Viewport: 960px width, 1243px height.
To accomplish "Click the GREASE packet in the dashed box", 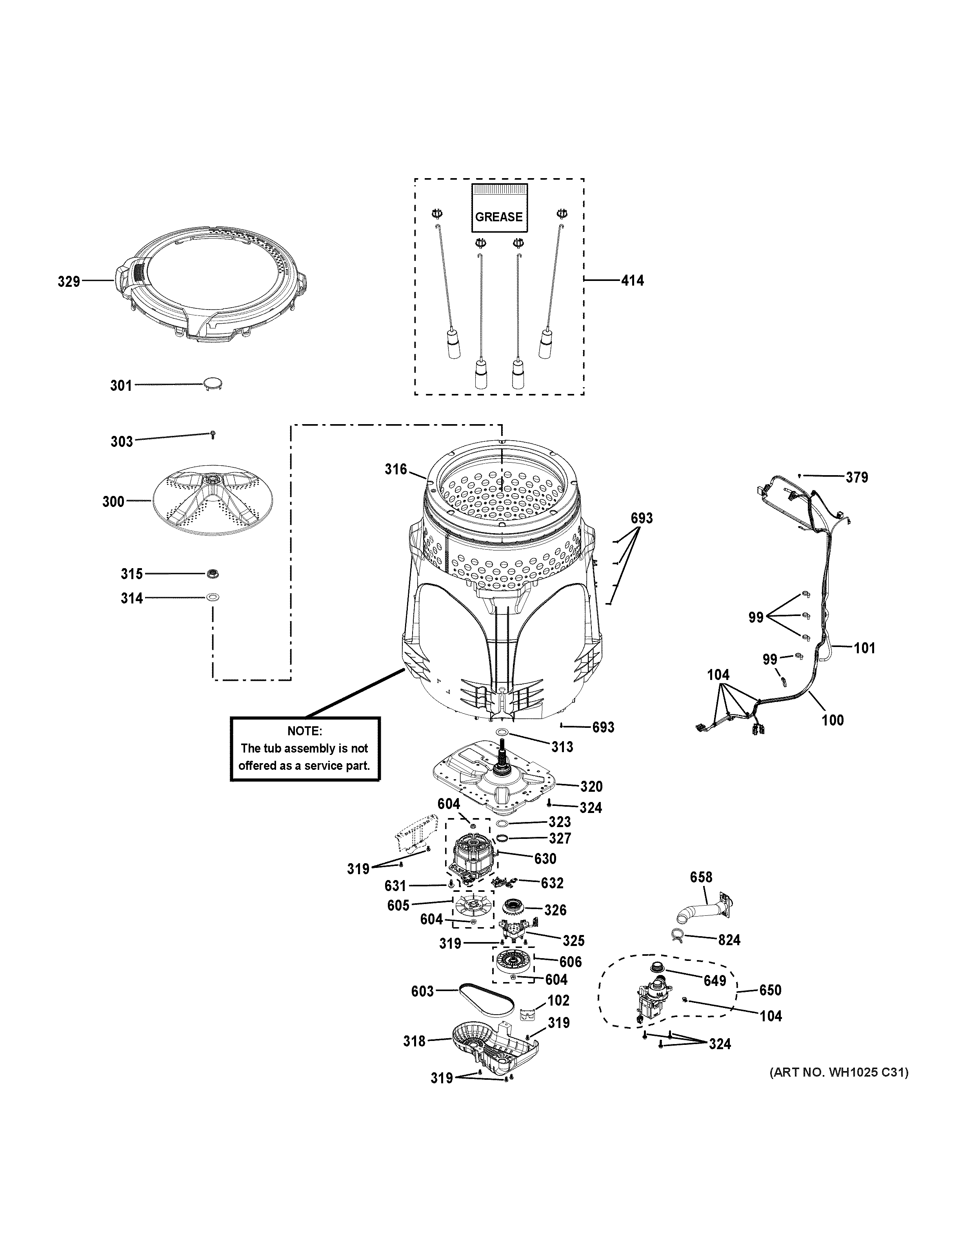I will (499, 208).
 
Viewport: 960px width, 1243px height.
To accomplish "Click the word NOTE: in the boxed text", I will (304, 731).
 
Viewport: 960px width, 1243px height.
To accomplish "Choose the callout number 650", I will (770, 990).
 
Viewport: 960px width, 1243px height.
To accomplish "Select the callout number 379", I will (856, 478).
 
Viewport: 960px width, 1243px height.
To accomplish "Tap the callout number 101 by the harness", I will (864, 648).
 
